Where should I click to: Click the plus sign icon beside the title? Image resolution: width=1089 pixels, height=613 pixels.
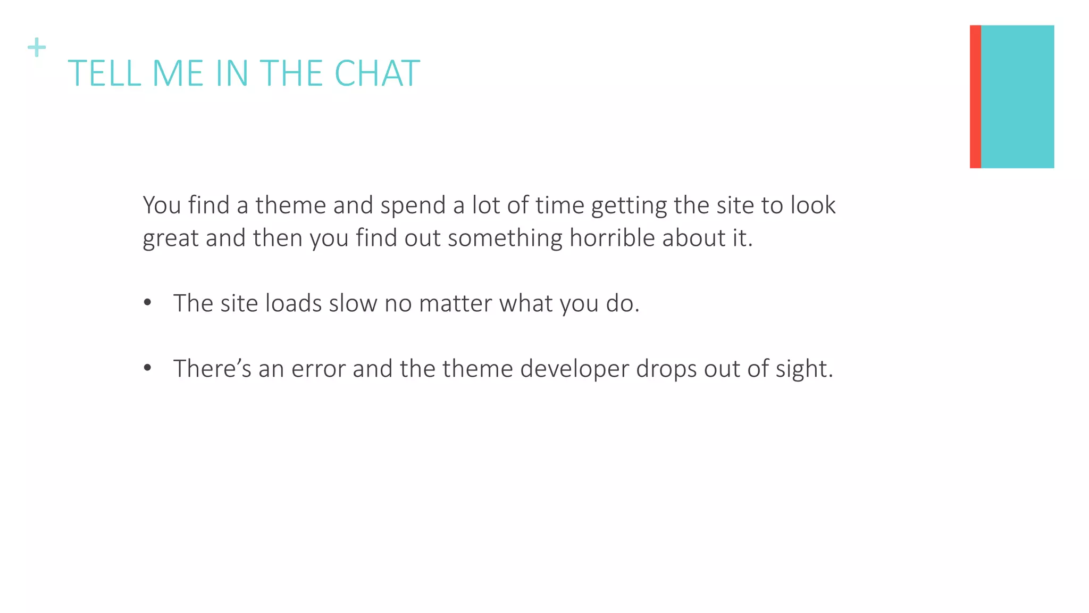coord(37,47)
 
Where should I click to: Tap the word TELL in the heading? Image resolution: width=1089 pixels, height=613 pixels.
coord(104,73)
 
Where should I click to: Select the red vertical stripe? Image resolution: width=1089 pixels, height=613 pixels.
coord(975,96)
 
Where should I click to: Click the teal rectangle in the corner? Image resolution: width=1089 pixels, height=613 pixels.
coord(1017,96)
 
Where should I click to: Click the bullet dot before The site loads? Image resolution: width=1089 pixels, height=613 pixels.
coord(148,303)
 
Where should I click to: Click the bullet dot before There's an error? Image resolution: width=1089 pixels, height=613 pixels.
coord(148,368)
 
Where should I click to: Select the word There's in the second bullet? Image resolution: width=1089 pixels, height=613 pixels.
coord(212,369)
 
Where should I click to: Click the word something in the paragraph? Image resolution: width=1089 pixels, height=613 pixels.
coord(505,238)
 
